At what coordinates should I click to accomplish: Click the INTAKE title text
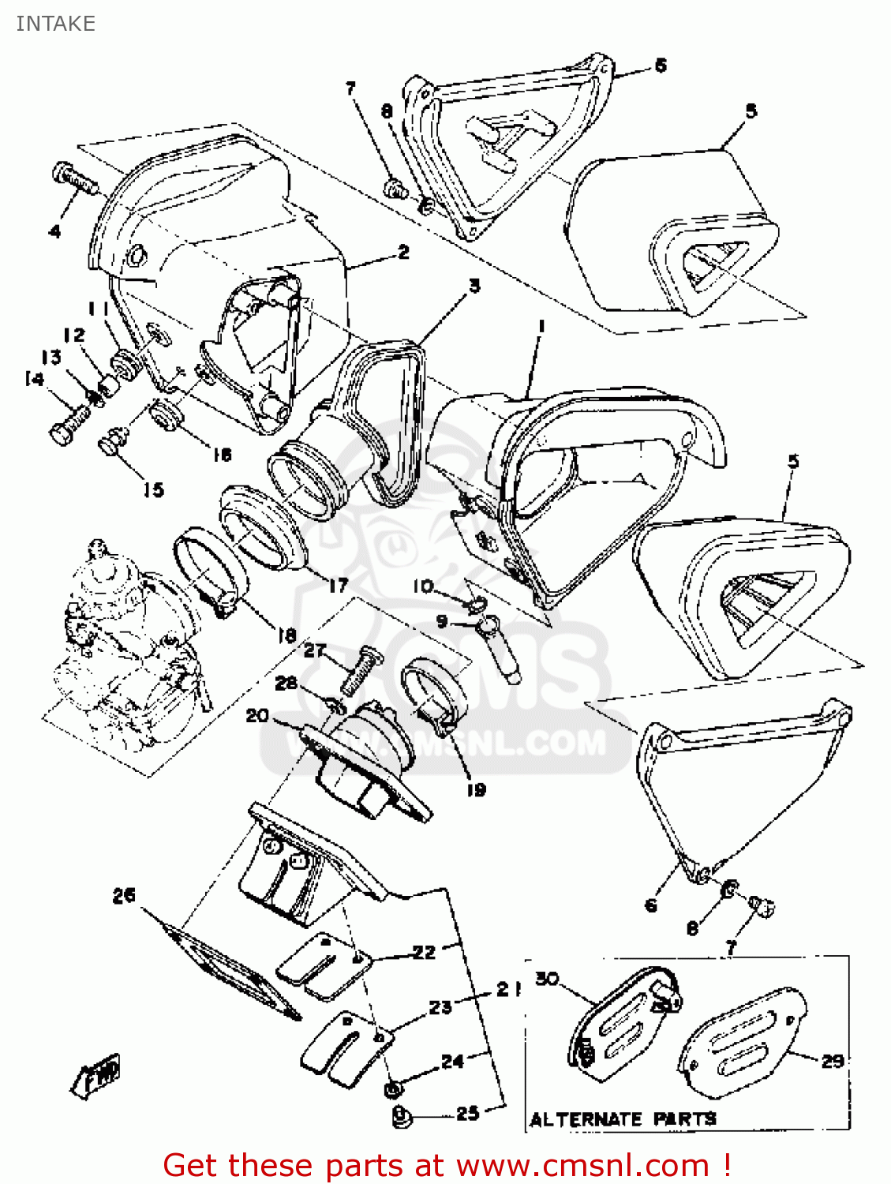point(55,24)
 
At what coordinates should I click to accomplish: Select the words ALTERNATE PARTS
point(623,1119)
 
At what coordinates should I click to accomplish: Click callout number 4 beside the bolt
point(54,231)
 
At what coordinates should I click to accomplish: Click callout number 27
point(314,650)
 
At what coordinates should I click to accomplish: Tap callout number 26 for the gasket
point(124,895)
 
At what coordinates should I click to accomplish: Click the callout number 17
point(338,585)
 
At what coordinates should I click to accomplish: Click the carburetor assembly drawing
point(126,647)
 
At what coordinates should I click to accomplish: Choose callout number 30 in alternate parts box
point(547,979)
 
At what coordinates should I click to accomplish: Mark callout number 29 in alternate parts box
point(833,1061)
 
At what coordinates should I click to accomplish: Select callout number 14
point(34,380)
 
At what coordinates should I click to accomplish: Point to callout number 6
point(651,905)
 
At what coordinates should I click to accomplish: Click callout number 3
point(474,286)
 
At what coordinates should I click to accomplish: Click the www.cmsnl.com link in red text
point(582,1165)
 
